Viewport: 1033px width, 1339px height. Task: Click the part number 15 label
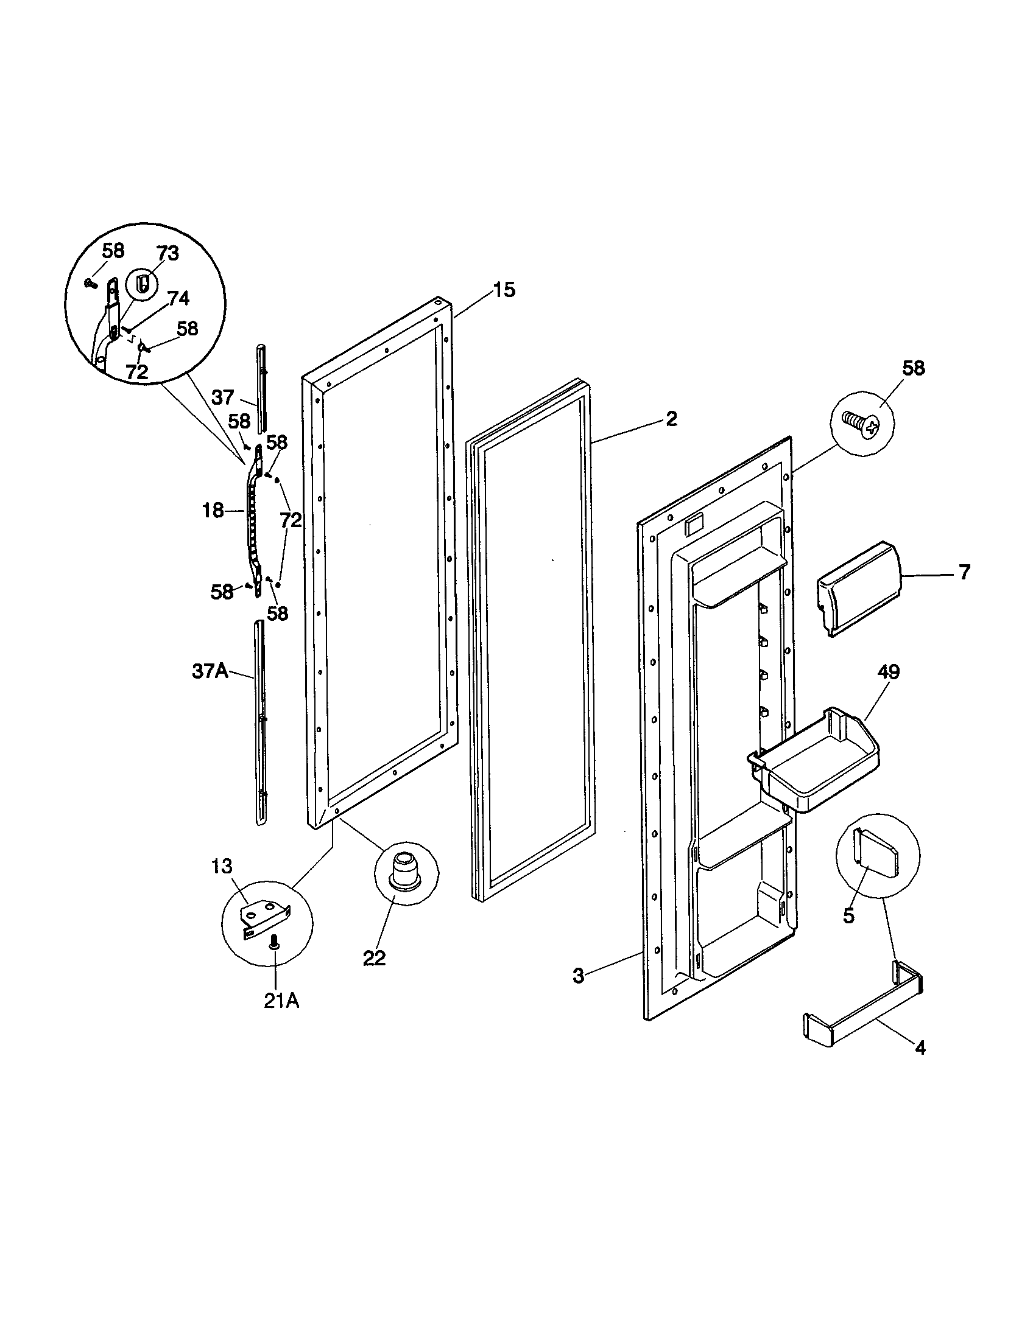504,290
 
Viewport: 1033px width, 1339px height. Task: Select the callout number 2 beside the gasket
672,419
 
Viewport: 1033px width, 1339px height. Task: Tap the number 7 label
964,573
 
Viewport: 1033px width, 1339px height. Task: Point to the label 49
888,673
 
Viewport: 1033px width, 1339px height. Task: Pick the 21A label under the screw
281,1001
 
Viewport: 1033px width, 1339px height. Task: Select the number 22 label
374,958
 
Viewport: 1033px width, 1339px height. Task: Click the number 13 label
222,866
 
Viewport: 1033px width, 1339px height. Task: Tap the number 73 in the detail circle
167,254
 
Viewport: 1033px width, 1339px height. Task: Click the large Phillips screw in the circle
861,423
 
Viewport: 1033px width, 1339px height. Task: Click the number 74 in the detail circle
178,299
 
